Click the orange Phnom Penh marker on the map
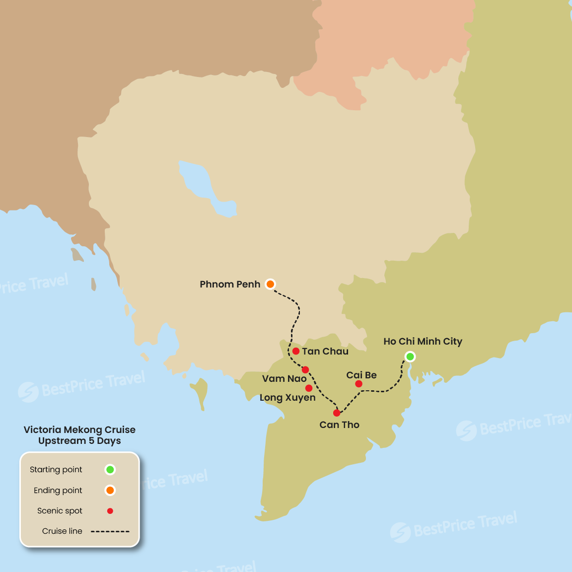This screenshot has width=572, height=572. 270,284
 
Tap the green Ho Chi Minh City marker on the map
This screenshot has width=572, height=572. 410,357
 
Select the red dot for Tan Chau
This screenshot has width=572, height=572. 296,351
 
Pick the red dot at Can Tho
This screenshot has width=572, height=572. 337,413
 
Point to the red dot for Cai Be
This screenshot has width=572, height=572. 358,384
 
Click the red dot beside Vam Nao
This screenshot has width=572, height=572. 305,370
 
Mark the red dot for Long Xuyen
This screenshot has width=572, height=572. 309,388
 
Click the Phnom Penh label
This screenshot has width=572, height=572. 230,285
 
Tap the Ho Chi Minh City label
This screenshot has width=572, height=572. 423,342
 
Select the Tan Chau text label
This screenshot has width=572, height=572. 325,352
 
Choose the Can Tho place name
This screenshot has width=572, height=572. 340,425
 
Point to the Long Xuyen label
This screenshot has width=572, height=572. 287,398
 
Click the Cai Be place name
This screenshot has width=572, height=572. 361,375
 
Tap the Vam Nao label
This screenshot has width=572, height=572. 284,379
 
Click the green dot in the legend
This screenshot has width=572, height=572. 110,470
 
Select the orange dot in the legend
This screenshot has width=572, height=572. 110,491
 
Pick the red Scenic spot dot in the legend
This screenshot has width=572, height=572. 110,511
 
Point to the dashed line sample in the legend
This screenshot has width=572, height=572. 110,531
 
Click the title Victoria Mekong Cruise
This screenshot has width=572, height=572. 79,430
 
